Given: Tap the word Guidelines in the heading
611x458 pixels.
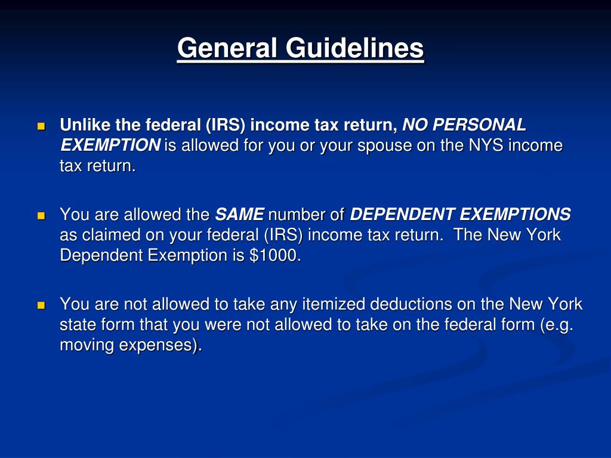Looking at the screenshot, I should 354,48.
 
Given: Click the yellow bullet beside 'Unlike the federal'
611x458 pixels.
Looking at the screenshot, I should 41,126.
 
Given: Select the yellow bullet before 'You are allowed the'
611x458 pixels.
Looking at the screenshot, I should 41,215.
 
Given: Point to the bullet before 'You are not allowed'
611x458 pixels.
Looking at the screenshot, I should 41,305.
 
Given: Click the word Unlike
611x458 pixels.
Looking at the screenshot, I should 82,125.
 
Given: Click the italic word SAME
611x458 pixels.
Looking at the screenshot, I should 239,215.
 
